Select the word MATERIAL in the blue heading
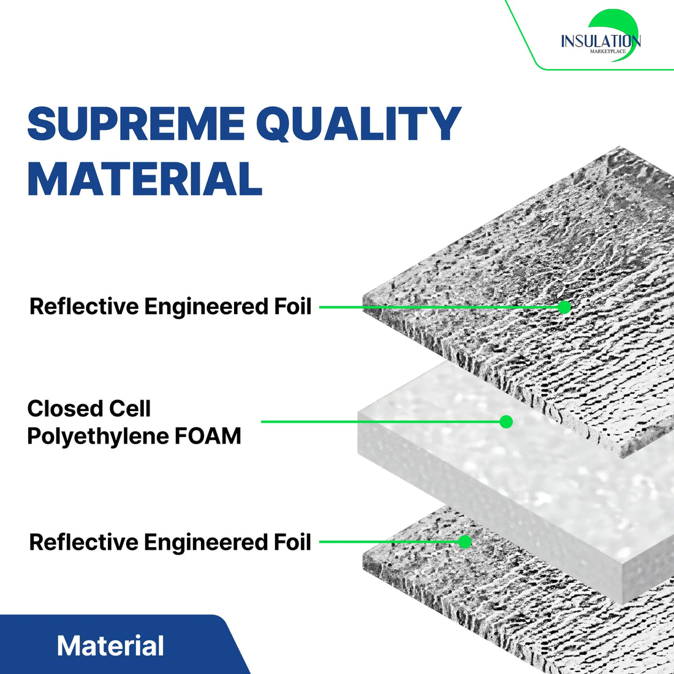[145, 179]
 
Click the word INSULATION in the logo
[600, 42]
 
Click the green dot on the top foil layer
[564, 307]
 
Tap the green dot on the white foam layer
[505, 422]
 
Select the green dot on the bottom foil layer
[465, 542]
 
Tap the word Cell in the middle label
[130, 409]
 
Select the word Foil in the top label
[292, 306]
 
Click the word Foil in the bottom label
[292, 542]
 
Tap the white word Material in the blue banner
[110, 646]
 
